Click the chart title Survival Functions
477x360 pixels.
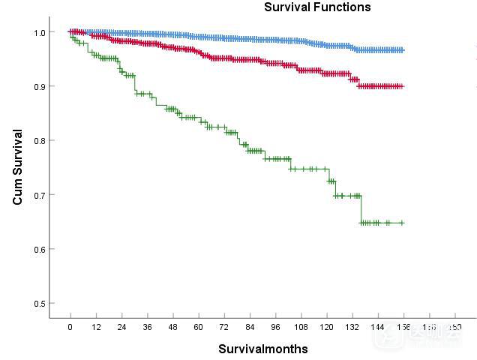(317, 7)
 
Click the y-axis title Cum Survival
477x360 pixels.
(18, 167)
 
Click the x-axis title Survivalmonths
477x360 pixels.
(262, 349)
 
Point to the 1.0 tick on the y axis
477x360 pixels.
(39, 32)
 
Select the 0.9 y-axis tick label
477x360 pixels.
(39, 86)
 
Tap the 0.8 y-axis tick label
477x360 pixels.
(39, 140)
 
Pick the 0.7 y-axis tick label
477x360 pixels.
(39, 195)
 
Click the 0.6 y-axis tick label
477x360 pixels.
(39, 249)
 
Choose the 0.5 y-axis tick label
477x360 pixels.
(39, 303)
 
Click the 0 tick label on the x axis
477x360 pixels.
(70, 328)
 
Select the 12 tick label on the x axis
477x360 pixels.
(95, 328)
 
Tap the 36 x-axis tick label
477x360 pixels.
(147, 328)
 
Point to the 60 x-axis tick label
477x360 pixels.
(198, 328)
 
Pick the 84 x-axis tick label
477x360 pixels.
(250, 328)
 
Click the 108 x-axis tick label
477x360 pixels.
(301, 328)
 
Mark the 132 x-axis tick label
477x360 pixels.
(352, 328)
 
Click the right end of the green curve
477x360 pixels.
(403, 223)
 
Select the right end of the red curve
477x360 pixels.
(403, 86)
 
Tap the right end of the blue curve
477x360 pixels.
(403, 50)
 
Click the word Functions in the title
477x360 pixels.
(343, 7)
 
